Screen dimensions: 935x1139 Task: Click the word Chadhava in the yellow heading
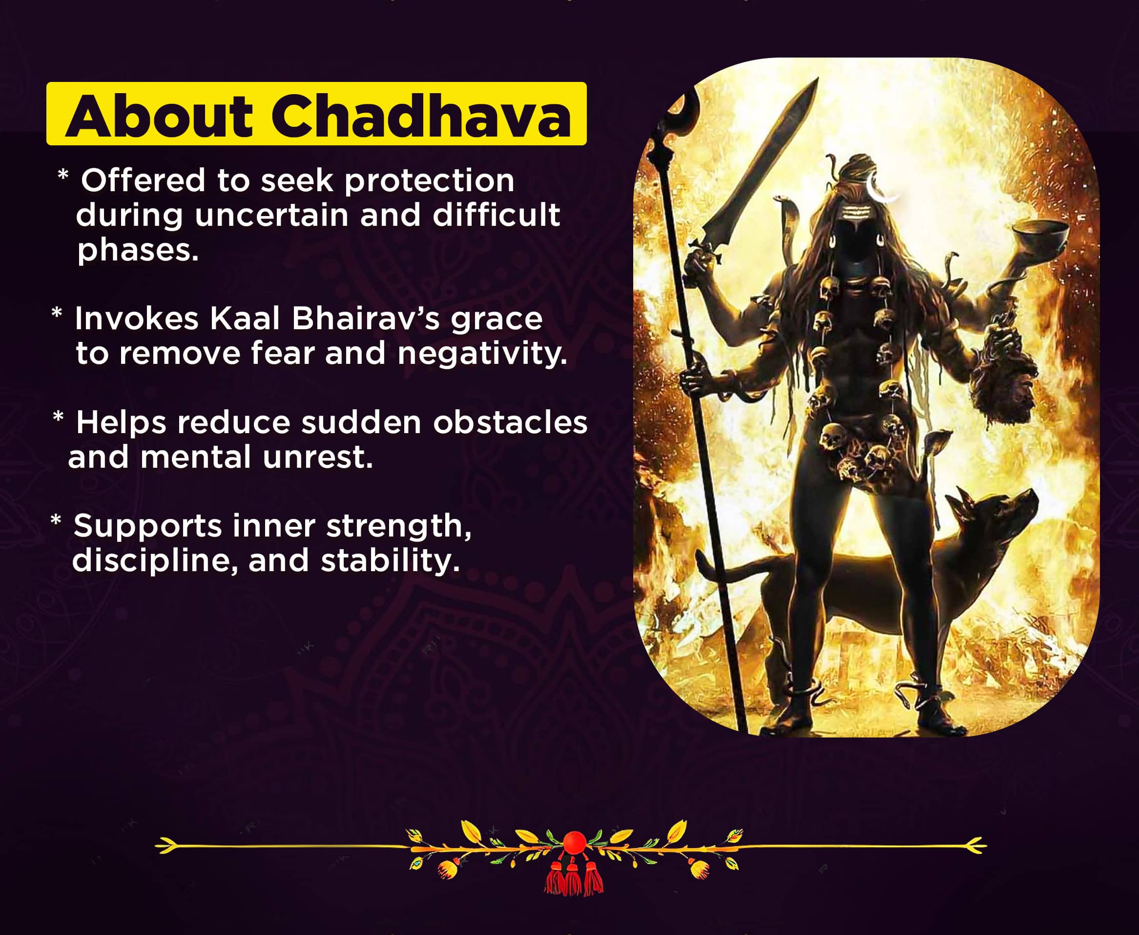[x=420, y=116]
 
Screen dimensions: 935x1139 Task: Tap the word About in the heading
[x=159, y=116]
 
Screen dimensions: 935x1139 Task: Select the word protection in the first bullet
[x=429, y=180]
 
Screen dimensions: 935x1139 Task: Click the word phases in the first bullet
[x=138, y=250]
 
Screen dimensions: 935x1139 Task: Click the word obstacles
[x=510, y=422]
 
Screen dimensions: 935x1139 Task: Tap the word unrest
[x=317, y=458]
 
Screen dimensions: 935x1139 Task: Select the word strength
[x=398, y=526]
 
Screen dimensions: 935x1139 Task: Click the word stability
[x=390, y=561]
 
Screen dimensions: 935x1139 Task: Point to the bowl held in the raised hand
[x=1040, y=235]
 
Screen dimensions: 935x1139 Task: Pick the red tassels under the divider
[x=574, y=877]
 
